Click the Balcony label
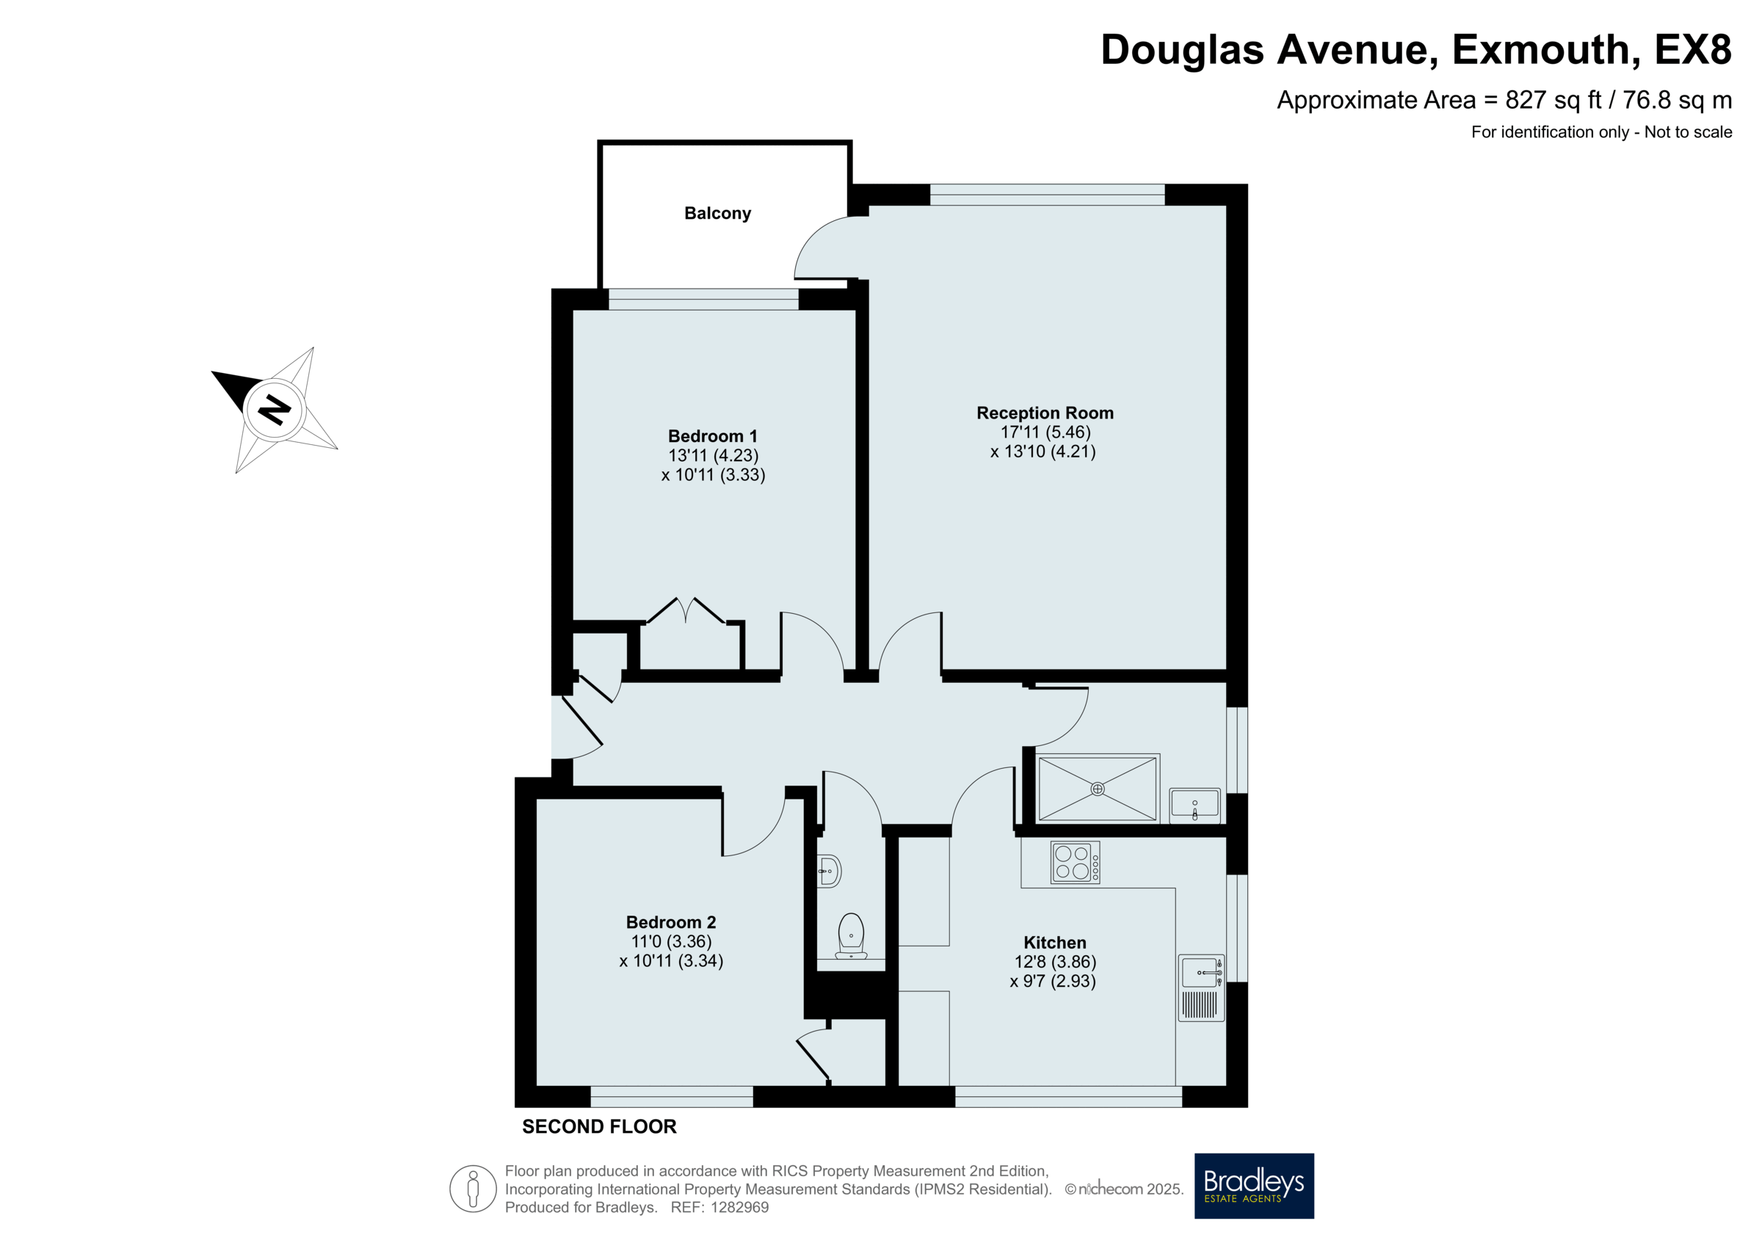[717, 214]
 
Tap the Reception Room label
[1045, 413]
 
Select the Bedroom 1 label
[712, 436]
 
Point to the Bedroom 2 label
[671, 922]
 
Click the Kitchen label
[1054, 942]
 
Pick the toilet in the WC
[851, 935]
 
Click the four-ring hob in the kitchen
[1074, 862]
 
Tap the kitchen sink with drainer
[1201, 988]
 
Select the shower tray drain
[1098, 789]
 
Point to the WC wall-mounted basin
[829, 872]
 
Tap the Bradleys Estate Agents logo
[1254, 1186]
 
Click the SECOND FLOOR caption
[599, 1126]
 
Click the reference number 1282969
[740, 1208]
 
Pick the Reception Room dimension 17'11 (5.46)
[1045, 432]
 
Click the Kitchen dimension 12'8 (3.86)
[1055, 962]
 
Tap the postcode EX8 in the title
[1693, 50]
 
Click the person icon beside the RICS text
[473, 1189]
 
